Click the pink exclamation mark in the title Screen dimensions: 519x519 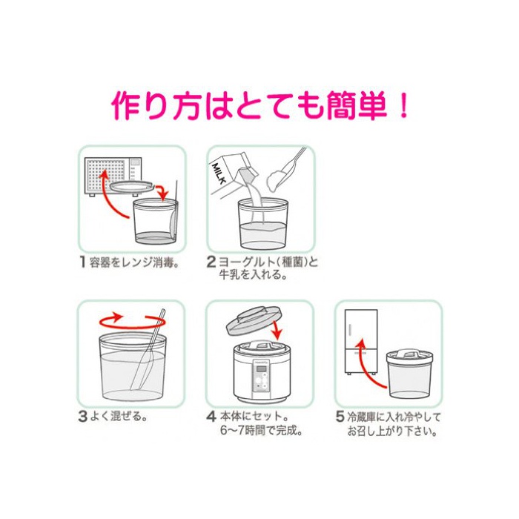click(x=403, y=105)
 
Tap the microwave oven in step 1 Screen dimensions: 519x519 click(x=113, y=176)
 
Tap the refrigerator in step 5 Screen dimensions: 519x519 click(x=361, y=342)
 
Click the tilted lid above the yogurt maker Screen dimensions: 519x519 click(x=254, y=320)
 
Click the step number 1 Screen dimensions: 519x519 click(x=83, y=262)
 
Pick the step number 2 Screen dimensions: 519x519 click(x=211, y=262)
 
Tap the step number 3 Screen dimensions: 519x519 click(x=82, y=416)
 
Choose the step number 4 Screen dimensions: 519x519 click(x=211, y=417)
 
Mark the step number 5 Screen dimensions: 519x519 click(x=340, y=417)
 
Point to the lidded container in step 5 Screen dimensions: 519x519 click(x=409, y=373)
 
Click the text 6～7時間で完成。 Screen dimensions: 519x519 click(x=262, y=430)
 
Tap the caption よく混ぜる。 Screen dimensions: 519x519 click(x=119, y=417)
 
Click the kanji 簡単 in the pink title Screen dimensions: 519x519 click(x=357, y=105)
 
